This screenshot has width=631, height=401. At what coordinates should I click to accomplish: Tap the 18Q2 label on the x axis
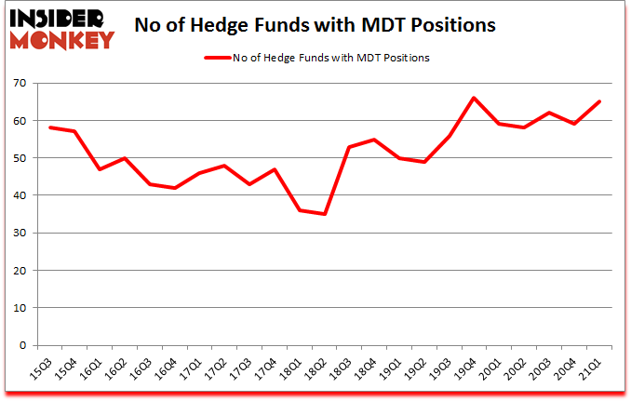[317, 370]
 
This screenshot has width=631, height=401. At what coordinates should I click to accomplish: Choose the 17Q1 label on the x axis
[192, 370]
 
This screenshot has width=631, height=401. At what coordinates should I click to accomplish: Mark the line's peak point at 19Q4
[475, 98]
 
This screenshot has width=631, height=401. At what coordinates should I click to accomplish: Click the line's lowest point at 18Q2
[324, 214]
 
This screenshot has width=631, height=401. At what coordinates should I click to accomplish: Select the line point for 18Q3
[349, 147]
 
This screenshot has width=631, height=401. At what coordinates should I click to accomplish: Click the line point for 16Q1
[99, 169]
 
